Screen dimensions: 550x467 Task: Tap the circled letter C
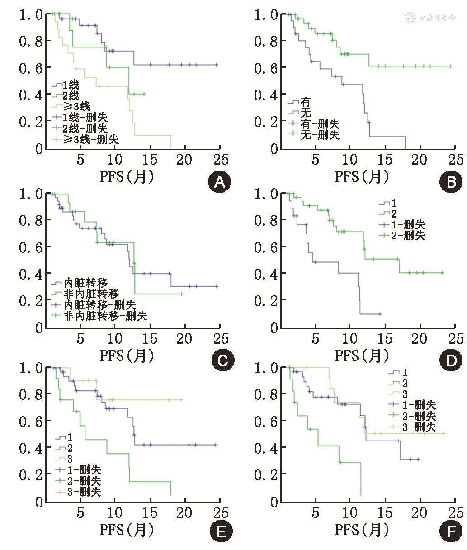[223, 360]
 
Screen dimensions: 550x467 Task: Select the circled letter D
[451, 360]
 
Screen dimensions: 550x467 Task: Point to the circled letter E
[221, 531]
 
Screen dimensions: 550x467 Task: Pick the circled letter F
[451, 531]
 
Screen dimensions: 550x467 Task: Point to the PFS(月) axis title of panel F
[362, 529]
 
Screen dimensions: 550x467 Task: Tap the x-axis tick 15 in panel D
[385, 338]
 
